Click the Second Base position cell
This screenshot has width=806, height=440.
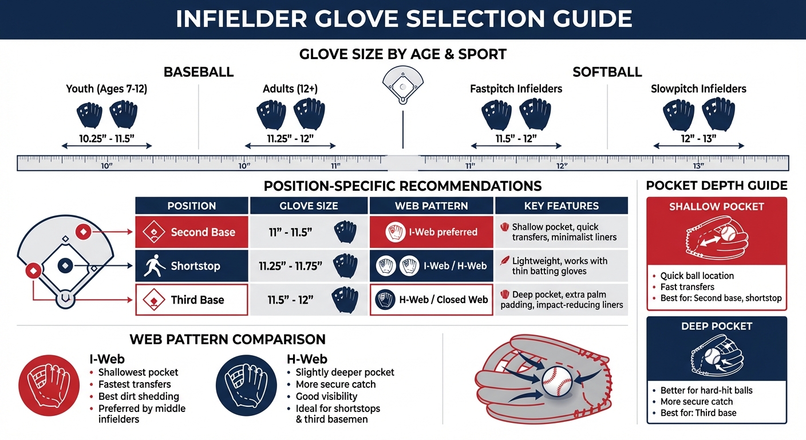(x=192, y=232)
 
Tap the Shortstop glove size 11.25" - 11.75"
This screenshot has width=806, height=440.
(x=291, y=266)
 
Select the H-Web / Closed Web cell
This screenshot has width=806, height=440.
(x=431, y=299)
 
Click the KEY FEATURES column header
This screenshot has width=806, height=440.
(x=561, y=206)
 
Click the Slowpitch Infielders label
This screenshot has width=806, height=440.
(x=698, y=89)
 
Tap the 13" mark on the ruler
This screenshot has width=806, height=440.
(x=698, y=165)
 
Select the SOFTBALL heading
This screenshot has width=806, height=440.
(x=607, y=72)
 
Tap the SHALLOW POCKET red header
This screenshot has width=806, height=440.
(x=717, y=207)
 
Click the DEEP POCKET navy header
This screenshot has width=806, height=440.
(x=717, y=327)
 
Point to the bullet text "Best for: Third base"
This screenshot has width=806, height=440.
(x=698, y=413)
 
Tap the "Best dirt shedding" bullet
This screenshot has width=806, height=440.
(x=139, y=396)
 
